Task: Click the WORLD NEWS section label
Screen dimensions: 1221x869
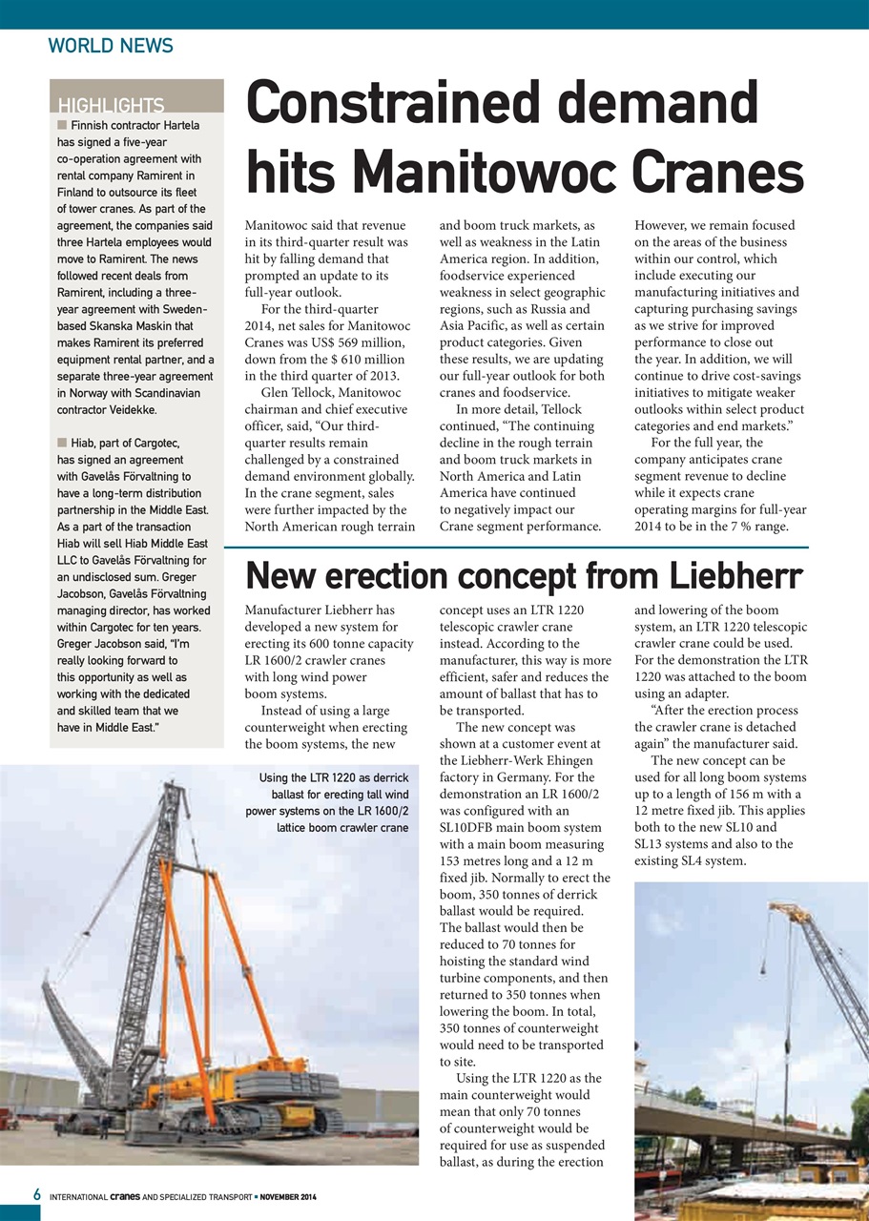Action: click(x=111, y=46)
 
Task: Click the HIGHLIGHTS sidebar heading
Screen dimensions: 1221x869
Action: click(x=111, y=106)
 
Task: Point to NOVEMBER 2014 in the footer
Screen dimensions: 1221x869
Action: click(x=289, y=1196)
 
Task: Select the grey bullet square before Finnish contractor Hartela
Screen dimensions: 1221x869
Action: click(x=62, y=125)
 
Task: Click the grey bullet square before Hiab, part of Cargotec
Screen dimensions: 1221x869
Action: click(x=62, y=443)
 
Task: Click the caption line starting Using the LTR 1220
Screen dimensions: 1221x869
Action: click(x=334, y=778)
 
